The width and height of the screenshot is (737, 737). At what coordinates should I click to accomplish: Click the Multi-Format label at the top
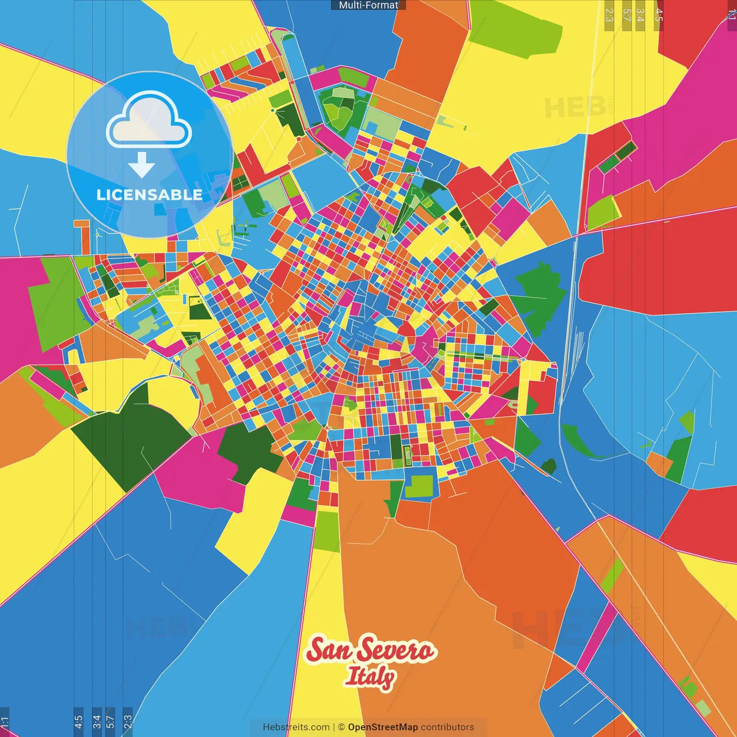point(368,5)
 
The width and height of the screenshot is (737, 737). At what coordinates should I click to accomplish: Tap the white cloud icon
point(149,120)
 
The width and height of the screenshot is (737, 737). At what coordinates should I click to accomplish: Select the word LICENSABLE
point(149,195)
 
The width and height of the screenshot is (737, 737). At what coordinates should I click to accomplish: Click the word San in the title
point(328,651)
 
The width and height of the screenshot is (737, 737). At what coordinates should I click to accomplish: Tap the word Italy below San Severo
point(370,677)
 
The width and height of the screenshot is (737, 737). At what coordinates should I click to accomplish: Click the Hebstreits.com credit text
point(296,727)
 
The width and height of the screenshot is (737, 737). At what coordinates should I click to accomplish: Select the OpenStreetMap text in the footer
point(382,727)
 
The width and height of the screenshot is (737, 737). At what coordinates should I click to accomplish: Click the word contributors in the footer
point(447,727)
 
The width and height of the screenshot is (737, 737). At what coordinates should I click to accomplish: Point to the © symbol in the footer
point(341,727)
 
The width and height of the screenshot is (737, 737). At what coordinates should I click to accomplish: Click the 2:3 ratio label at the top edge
point(609,15)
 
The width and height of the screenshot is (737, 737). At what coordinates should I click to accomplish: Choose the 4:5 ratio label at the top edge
point(659,15)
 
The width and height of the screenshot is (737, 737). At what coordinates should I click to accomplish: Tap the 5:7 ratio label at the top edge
point(626,15)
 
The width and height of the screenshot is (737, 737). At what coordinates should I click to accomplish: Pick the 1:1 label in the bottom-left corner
point(5,721)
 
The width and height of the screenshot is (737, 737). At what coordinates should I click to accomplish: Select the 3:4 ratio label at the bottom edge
point(97,721)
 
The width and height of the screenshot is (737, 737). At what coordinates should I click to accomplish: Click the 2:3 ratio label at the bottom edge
point(128,721)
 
